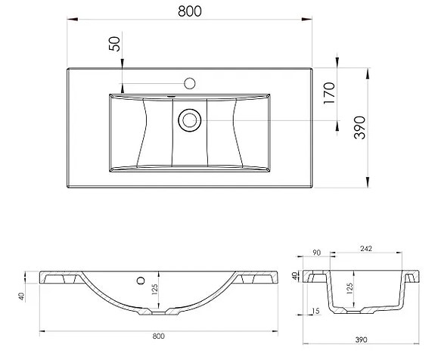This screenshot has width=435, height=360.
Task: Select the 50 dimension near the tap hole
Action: coord(115,43)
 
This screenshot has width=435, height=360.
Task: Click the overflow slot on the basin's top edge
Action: coord(172,96)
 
